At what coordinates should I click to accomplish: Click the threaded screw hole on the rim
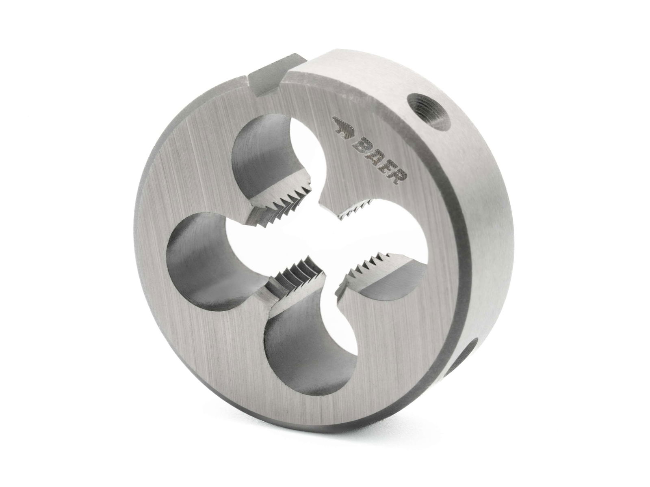(430, 108)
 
